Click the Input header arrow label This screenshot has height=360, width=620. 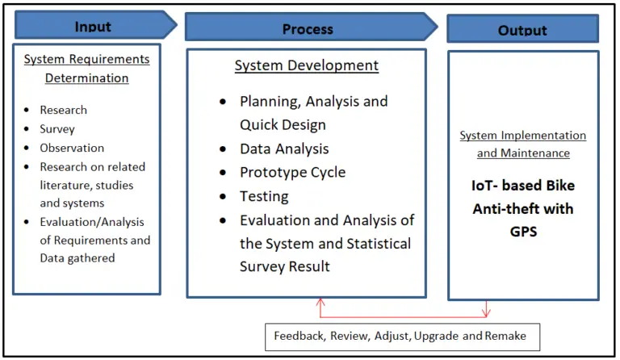click(93, 26)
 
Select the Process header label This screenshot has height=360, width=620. click(307, 29)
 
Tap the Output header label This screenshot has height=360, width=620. click(522, 31)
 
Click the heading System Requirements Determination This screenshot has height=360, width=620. click(86, 69)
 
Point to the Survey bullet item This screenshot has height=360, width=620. click(57, 128)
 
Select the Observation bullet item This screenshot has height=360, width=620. click(72, 148)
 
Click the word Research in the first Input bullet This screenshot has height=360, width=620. click(63, 110)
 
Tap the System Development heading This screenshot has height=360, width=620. click(306, 65)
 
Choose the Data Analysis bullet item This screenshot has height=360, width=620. click(284, 149)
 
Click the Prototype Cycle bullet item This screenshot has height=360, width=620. click(292, 172)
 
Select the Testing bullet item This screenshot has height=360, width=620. click(265, 195)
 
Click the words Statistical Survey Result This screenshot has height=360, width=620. click(285, 266)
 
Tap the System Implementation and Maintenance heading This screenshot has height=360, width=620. click(523, 144)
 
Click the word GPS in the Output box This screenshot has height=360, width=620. click(523, 231)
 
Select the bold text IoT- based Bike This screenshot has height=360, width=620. click(523, 186)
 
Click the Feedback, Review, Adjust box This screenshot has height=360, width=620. click(402, 335)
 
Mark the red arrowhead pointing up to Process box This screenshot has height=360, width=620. click(321, 303)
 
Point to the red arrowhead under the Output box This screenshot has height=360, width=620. click(487, 312)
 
